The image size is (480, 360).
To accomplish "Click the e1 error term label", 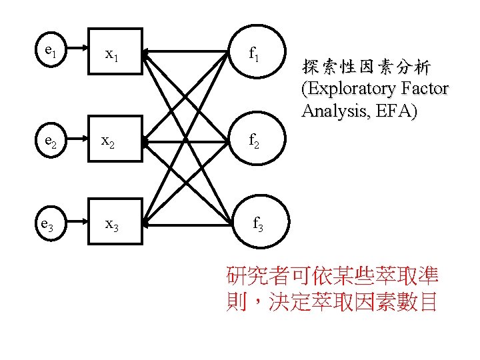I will point(49,50).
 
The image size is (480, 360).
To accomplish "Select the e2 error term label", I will point(49,141).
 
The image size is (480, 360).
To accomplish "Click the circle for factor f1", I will point(255,52).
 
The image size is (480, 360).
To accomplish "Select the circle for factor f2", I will point(255,141).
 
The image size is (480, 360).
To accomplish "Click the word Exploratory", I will point(353,89).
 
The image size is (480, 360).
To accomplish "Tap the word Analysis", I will point(333,111).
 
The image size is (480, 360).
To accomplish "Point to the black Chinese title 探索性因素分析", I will point(366,67).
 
